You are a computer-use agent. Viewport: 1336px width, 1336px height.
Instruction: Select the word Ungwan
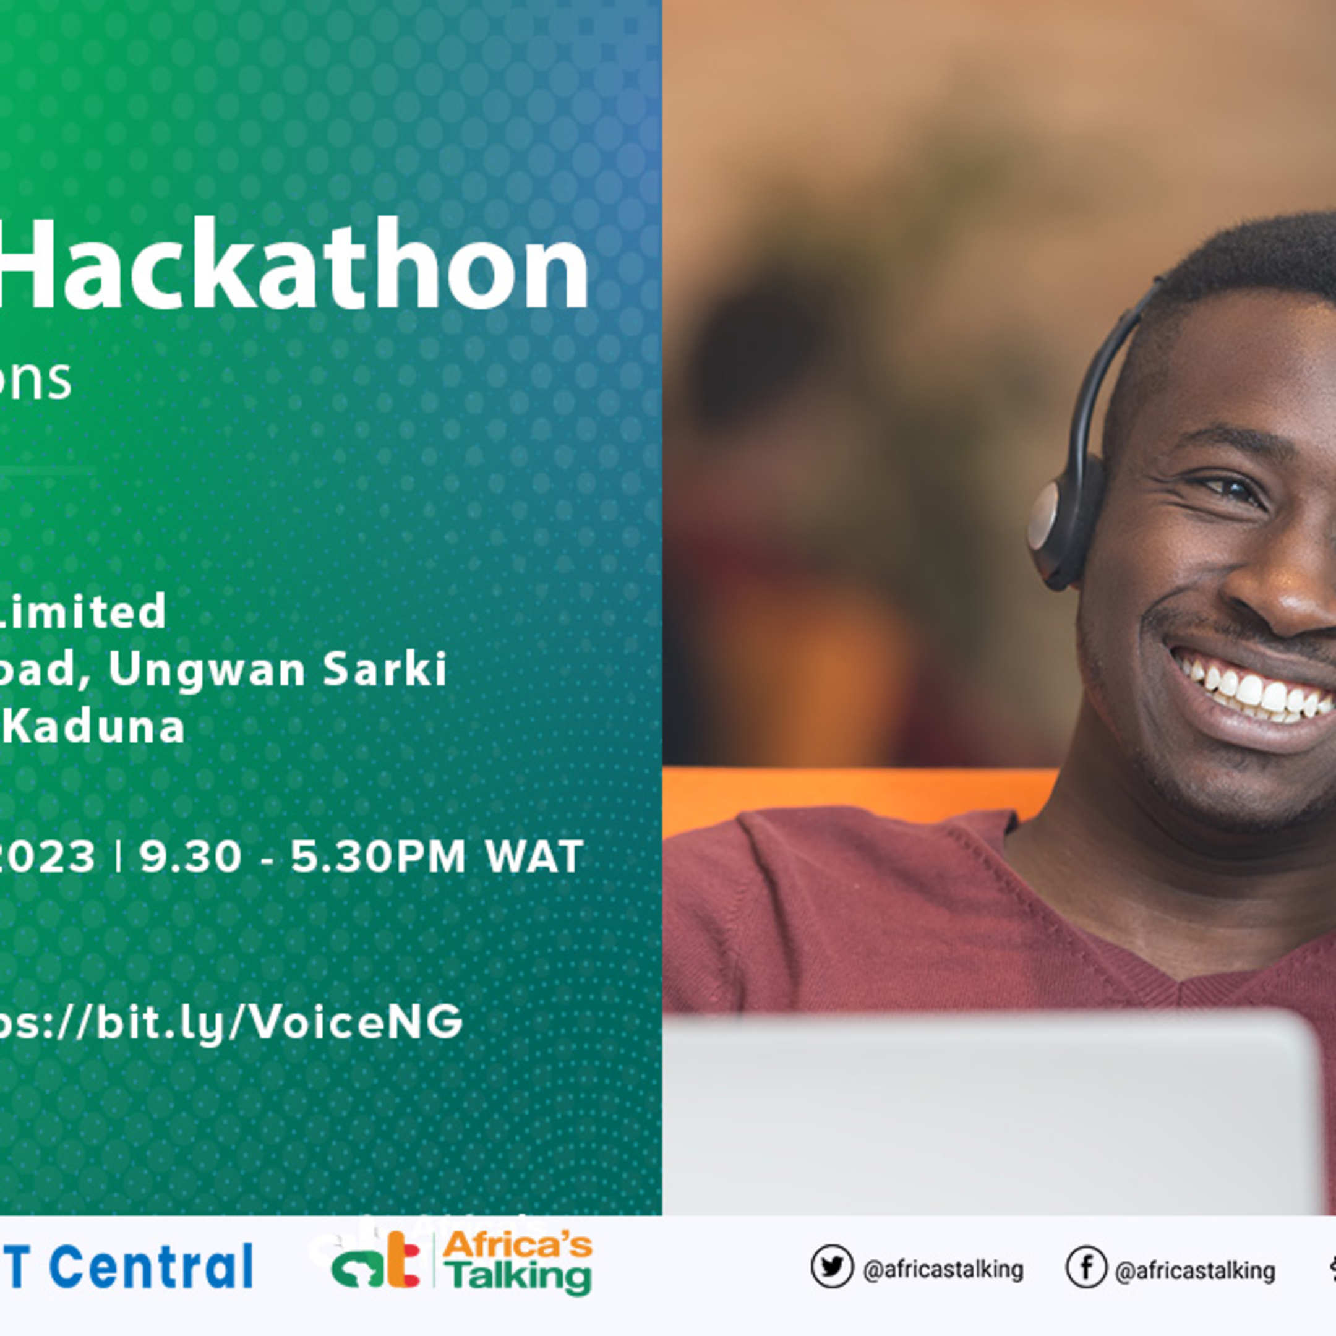click(x=207, y=669)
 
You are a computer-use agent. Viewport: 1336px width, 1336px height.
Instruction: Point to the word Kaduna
click(x=97, y=727)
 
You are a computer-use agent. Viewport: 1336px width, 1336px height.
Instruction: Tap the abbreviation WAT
click(x=534, y=857)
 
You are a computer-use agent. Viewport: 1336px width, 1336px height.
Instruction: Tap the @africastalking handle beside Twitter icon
click(x=943, y=1269)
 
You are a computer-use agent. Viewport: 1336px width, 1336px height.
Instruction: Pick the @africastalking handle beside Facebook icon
click(x=1195, y=1270)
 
